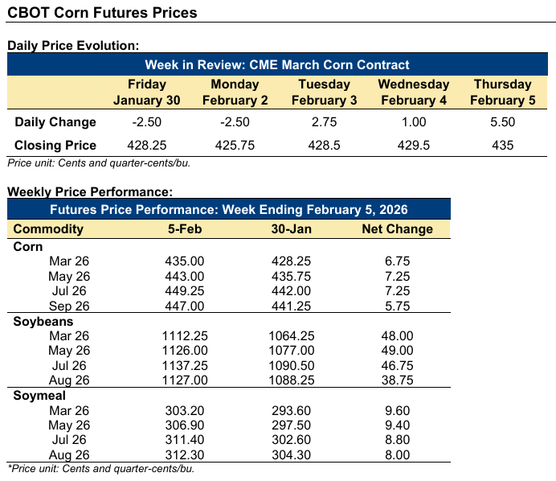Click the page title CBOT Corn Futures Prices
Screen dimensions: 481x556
click(102, 14)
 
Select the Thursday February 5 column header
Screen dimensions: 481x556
click(502, 92)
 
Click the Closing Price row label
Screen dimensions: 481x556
click(55, 146)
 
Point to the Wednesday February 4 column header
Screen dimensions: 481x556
click(413, 92)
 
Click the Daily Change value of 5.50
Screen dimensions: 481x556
click(502, 122)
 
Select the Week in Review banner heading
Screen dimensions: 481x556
click(277, 64)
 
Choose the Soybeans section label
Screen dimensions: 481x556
click(42, 321)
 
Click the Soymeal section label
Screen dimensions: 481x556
click(39, 396)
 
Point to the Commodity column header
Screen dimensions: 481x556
click(48, 228)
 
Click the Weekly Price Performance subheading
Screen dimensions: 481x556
click(90, 191)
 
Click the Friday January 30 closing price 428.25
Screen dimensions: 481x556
click(146, 146)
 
